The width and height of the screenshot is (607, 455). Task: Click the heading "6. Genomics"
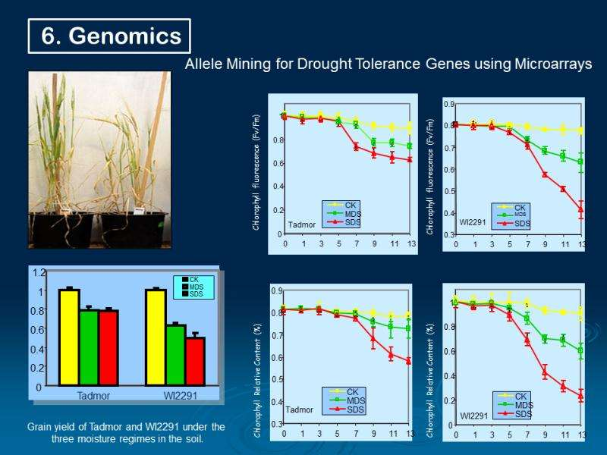[111, 36]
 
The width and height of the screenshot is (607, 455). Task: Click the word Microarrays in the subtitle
[549, 65]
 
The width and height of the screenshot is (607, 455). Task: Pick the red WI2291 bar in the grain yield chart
[195, 362]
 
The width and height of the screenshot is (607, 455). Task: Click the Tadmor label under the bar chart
[93, 396]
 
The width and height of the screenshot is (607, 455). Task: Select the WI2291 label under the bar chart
[181, 396]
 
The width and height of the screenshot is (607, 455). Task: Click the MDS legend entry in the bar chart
[197, 287]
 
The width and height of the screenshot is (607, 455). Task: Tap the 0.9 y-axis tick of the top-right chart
[449, 104]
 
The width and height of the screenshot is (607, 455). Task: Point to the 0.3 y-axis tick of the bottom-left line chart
[278, 423]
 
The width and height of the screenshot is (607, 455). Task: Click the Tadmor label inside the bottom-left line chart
[299, 409]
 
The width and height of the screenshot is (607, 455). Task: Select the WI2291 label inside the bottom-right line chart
[474, 416]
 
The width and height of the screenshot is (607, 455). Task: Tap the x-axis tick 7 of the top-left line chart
[356, 244]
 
